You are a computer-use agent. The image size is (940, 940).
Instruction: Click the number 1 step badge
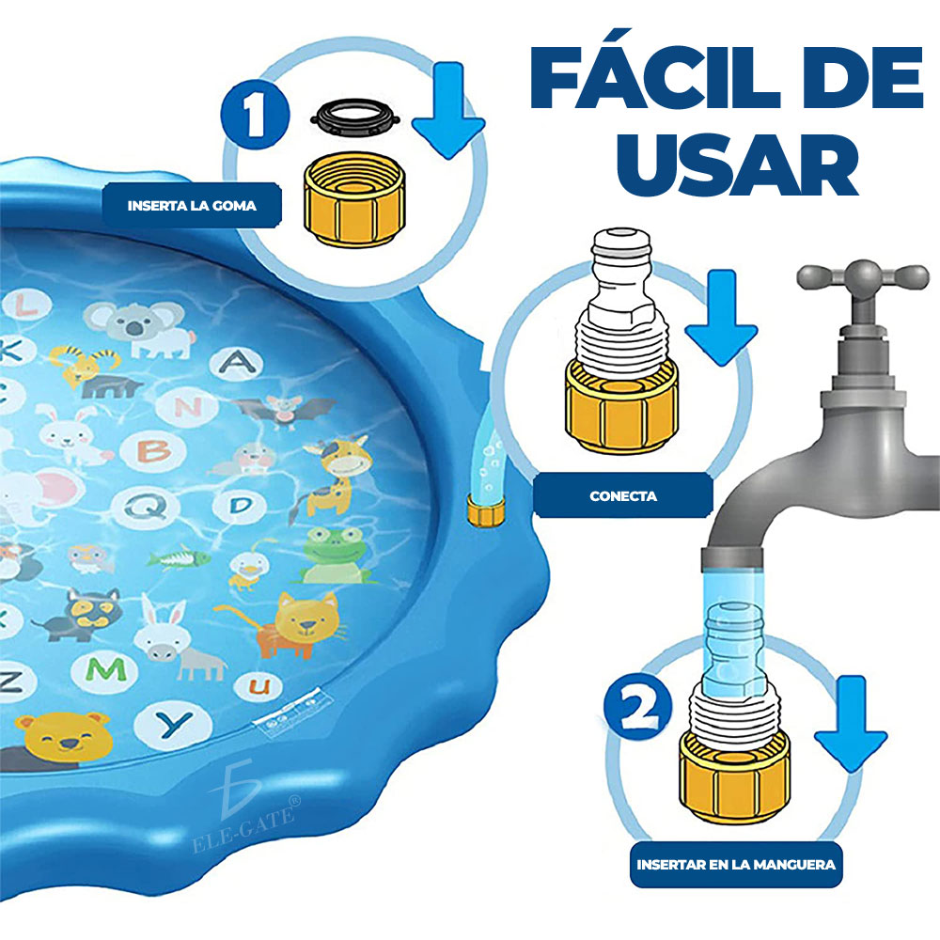click(255, 114)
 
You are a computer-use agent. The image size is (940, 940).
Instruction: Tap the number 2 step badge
click(638, 708)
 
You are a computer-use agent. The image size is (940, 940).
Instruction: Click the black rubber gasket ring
click(355, 117)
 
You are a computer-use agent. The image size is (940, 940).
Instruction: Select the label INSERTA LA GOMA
click(192, 206)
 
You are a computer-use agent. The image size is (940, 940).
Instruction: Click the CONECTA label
click(623, 495)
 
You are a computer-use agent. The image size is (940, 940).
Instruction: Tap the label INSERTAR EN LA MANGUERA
click(736, 865)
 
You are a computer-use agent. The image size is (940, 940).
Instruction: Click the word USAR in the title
click(738, 164)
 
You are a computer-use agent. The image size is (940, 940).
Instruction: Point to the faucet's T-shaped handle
click(863, 277)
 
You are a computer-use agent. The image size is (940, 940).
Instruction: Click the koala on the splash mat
click(142, 329)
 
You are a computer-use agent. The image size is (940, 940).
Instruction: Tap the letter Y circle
click(173, 725)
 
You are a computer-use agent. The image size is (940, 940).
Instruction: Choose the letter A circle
click(237, 363)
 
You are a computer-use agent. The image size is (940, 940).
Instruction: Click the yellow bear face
click(64, 738)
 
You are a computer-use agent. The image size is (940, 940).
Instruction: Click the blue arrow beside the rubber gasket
click(448, 111)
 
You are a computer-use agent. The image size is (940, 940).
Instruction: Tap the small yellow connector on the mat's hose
click(486, 510)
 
